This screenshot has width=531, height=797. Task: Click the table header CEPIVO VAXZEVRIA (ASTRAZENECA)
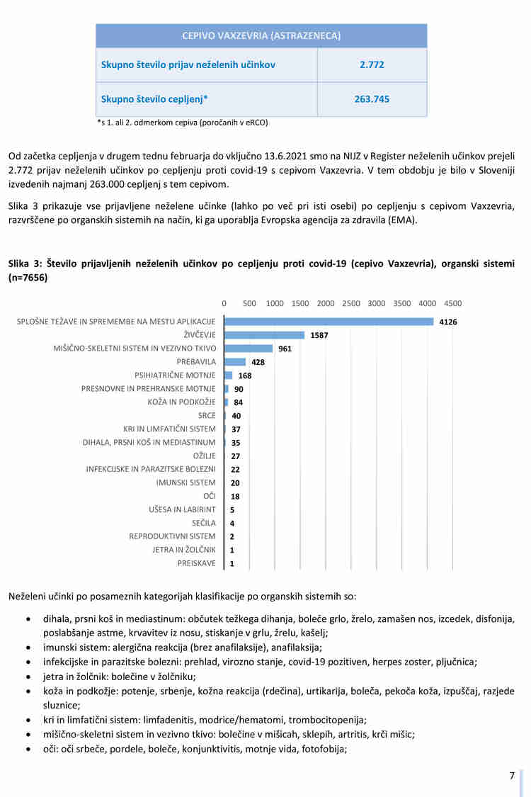point(261,35)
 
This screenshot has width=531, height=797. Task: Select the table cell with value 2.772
point(372,64)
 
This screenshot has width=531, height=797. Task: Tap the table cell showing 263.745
point(372,99)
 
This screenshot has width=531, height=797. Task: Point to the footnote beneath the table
point(182,122)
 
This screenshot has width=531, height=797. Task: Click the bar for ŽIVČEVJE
point(264,335)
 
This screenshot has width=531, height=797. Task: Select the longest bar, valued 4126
point(329,322)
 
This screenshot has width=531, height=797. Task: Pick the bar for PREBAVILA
point(235,362)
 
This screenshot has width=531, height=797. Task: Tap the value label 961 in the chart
point(285,349)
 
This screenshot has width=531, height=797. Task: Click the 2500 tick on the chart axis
point(351,303)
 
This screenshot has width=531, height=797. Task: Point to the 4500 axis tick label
point(452,303)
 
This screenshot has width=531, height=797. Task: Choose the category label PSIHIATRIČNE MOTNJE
point(175,375)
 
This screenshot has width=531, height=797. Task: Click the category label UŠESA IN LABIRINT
point(182,509)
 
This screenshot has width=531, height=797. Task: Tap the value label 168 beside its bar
point(245,375)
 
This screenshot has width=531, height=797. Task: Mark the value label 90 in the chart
point(239,389)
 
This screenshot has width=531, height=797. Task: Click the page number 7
point(512,776)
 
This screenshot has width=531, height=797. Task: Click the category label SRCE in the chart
point(207,415)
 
